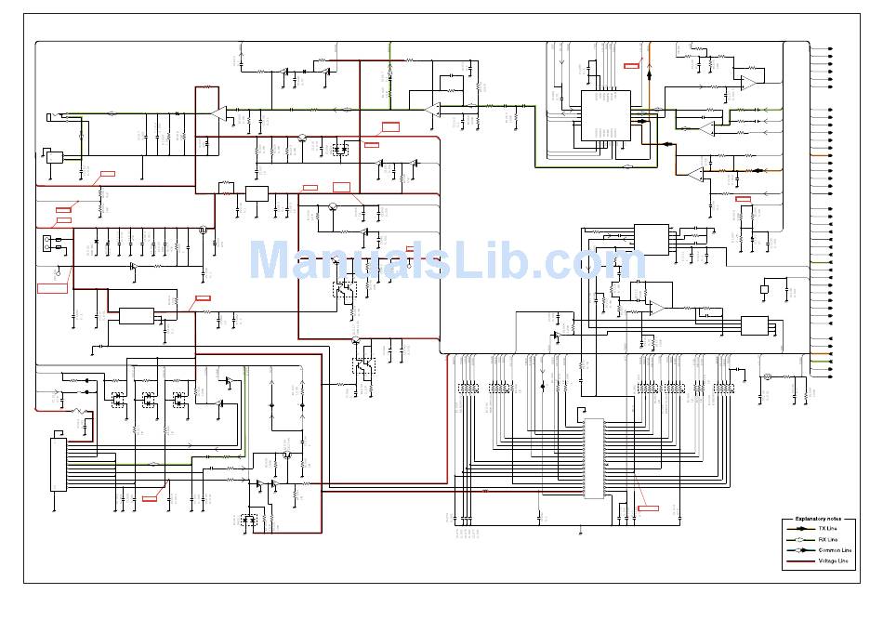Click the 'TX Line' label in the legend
(827, 528)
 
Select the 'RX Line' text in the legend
(827, 539)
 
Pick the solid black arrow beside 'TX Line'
(799, 528)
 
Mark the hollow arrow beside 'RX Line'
(799, 539)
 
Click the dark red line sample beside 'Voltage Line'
(799, 561)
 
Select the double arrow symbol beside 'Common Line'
(799, 550)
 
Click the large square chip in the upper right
(606, 115)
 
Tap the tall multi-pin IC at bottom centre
(594, 458)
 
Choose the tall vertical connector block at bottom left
(59, 465)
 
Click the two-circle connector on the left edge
(46, 245)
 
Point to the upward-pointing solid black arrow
(649, 71)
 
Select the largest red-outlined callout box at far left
(52, 287)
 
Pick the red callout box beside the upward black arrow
(632, 65)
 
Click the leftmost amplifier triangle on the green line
(219, 113)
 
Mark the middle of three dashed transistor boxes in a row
(148, 400)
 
